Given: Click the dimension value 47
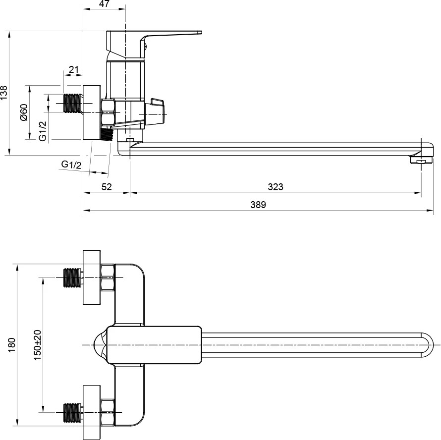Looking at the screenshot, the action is pyautogui.click(x=104, y=3).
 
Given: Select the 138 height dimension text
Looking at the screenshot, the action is pyautogui.click(x=4, y=93).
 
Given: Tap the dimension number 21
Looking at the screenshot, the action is pyautogui.click(x=73, y=69).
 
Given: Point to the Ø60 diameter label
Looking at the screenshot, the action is pyautogui.click(x=24, y=112).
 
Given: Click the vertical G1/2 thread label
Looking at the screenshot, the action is pyautogui.click(x=43, y=131).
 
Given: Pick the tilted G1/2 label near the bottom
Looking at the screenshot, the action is pyautogui.click(x=71, y=165).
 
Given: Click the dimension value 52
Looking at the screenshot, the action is pyautogui.click(x=107, y=187).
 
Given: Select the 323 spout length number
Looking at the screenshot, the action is pyautogui.click(x=276, y=187).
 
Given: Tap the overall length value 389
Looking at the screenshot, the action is pyautogui.click(x=258, y=205).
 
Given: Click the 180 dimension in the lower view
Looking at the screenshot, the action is pyautogui.click(x=11, y=345).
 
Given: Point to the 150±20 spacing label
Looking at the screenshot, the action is pyautogui.click(x=37, y=345).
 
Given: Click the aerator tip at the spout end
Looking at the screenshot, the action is pyautogui.click(x=421, y=161).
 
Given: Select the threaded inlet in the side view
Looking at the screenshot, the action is pyautogui.click(x=73, y=103).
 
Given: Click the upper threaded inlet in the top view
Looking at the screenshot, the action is pyautogui.click(x=73, y=277).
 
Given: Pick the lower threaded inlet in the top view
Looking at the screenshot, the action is pyautogui.click(x=73, y=412).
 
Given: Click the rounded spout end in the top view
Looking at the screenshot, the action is pyautogui.click(x=427, y=345).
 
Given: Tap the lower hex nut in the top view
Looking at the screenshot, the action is pyautogui.click(x=108, y=412).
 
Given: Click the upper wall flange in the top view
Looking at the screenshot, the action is pyautogui.click(x=92, y=277).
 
